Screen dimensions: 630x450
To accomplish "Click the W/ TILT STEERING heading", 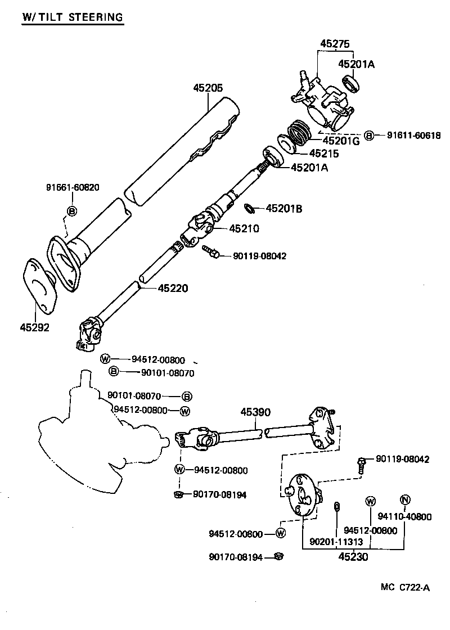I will (x=72, y=17).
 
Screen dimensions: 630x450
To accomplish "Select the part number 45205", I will (x=208, y=88).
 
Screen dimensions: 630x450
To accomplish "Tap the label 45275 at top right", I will (x=335, y=44).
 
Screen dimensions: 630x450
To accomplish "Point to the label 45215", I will (x=319, y=153).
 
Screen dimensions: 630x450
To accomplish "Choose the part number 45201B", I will (x=283, y=209).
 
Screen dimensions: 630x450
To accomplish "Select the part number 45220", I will (x=173, y=288).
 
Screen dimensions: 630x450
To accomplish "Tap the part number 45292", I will (x=35, y=327).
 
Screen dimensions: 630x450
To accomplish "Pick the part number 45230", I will (x=353, y=557).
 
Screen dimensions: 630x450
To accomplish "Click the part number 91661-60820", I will (x=73, y=187).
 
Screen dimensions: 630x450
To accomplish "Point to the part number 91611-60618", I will (x=413, y=135).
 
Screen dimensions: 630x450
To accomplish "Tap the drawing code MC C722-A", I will (x=404, y=588).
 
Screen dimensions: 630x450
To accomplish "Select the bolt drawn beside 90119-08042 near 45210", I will (x=211, y=253).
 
